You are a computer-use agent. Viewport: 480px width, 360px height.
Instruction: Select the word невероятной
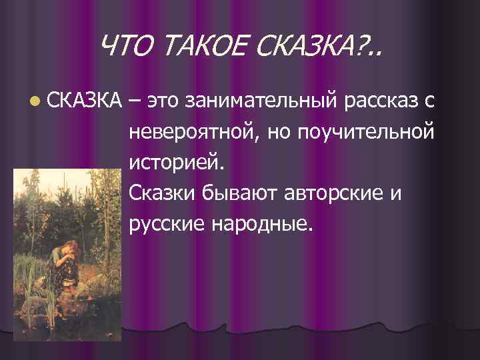point(193,132)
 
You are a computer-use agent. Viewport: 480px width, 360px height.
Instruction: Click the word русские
point(167,225)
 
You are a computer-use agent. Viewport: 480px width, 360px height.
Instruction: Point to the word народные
point(261,225)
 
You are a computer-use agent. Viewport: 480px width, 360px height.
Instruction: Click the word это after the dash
point(165,101)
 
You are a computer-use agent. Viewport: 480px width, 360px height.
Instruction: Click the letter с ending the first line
point(430,102)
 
